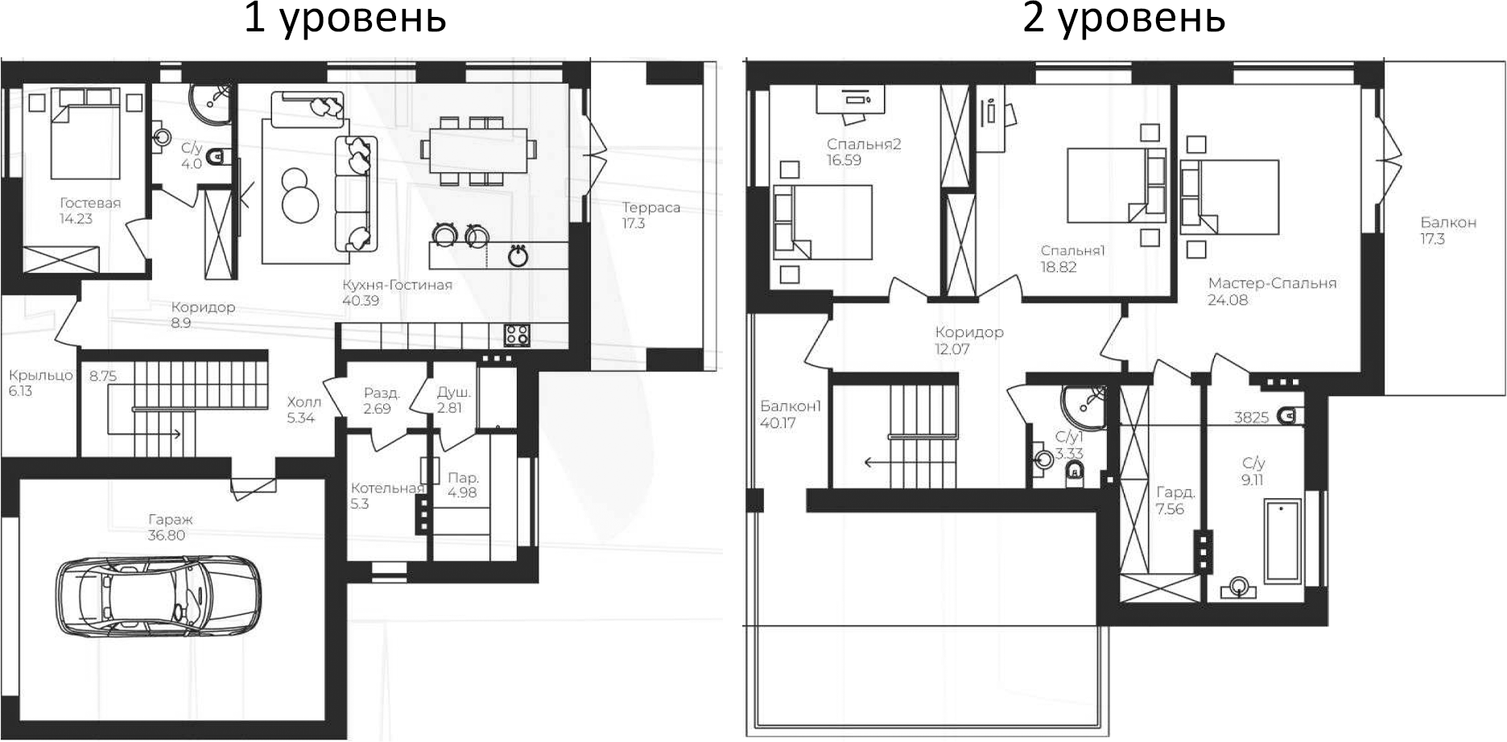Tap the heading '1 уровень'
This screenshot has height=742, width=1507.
coord(345,18)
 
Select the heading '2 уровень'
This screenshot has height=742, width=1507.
coord(1124,18)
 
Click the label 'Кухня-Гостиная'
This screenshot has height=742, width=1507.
coord(397,285)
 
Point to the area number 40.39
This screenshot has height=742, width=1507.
coord(361,301)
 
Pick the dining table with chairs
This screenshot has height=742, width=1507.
coord(478,150)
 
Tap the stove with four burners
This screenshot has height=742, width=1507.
coord(516,335)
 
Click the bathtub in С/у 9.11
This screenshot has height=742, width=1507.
coord(1282,540)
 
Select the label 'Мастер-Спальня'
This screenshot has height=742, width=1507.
coord(1272,283)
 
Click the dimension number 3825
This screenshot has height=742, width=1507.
coord(1251,418)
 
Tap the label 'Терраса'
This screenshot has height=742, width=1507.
coord(650,208)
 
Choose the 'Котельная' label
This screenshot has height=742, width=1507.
coord(387,488)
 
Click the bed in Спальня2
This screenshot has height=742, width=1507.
coord(823,221)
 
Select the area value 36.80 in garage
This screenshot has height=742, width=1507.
coord(166,535)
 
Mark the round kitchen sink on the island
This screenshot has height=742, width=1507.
coord(518,257)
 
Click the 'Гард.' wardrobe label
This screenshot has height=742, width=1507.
coord(1175,493)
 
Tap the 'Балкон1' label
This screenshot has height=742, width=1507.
coord(791,406)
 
